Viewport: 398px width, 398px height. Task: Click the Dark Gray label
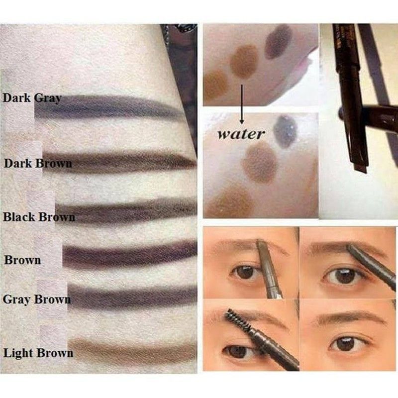click(x=32, y=98)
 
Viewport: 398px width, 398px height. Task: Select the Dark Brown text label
click(x=37, y=163)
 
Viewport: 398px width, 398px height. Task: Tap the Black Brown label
click(x=39, y=217)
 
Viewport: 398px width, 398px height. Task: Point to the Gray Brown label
click(x=36, y=299)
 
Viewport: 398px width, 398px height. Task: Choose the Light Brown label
click(x=38, y=354)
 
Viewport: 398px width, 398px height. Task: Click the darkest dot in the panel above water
click(x=279, y=41)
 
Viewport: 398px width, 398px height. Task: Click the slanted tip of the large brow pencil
click(x=360, y=165)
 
